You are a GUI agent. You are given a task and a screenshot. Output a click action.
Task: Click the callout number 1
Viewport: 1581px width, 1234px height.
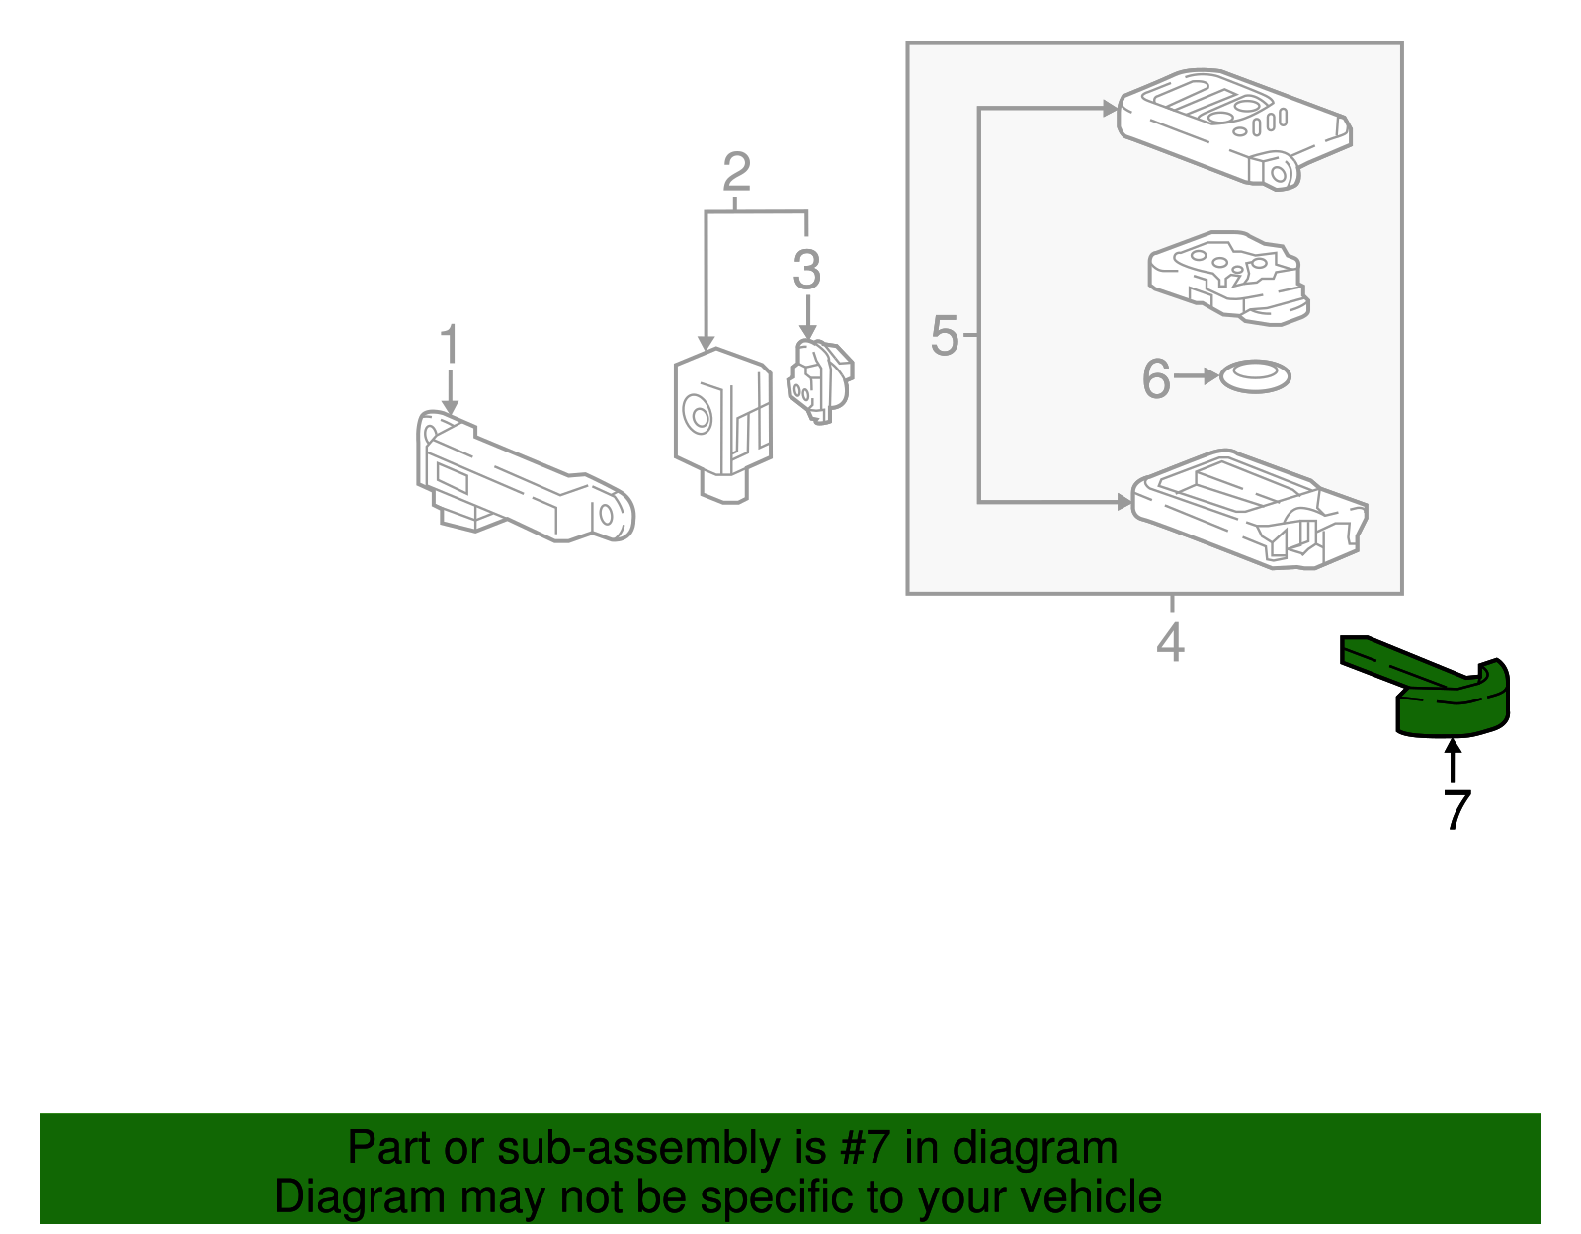(449, 346)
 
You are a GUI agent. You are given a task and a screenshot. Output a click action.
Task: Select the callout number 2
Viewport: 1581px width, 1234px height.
(736, 173)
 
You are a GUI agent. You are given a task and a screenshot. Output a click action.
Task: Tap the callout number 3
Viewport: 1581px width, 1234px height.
(806, 270)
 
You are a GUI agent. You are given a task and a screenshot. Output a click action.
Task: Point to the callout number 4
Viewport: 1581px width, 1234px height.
(1170, 643)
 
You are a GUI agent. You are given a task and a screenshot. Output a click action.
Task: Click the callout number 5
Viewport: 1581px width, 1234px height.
(945, 336)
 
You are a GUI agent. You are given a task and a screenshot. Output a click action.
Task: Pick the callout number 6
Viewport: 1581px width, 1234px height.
(1155, 378)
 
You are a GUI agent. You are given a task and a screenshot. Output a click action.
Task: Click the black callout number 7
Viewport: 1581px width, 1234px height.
(1456, 810)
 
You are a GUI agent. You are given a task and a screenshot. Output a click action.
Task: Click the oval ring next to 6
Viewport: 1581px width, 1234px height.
(1255, 376)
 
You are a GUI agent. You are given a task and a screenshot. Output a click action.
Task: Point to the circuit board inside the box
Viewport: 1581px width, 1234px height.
(1228, 277)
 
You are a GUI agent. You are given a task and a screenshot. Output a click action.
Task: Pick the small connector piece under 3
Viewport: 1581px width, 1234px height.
(818, 381)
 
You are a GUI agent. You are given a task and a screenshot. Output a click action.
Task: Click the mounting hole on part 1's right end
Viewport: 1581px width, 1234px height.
(606, 515)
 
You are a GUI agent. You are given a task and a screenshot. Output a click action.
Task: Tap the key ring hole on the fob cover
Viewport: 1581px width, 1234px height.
(1278, 175)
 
